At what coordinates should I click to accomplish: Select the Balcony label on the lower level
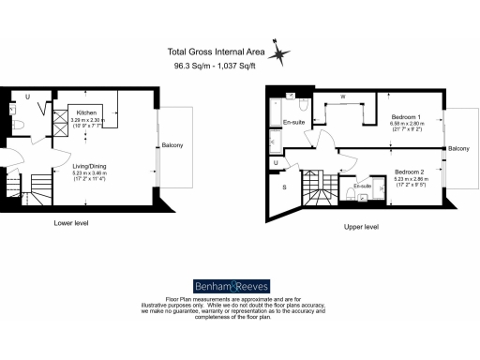(171, 145)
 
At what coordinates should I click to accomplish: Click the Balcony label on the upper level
(458, 149)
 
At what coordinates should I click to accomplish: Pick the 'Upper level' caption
(361, 226)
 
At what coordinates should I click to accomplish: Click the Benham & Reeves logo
(239, 285)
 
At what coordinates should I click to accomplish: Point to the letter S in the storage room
(284, 187)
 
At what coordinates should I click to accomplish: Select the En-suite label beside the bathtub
(293, 122)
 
